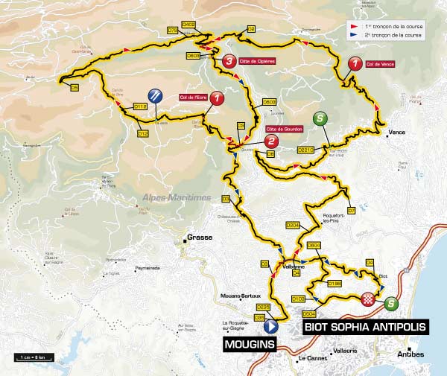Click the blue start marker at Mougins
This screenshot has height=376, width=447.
point(270,325)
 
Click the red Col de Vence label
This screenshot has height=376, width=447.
point(380,65)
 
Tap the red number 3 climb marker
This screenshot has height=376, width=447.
point(229,62)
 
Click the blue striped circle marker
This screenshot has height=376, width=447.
point(155,95)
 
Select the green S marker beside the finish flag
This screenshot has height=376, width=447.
point(392,303)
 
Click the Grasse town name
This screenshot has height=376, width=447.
point(200,238)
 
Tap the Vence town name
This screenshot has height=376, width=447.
point(396,133)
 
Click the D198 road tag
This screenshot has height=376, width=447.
point(334,284)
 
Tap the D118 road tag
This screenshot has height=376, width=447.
point(139,106)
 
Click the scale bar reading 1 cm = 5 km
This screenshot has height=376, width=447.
point(33,357)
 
